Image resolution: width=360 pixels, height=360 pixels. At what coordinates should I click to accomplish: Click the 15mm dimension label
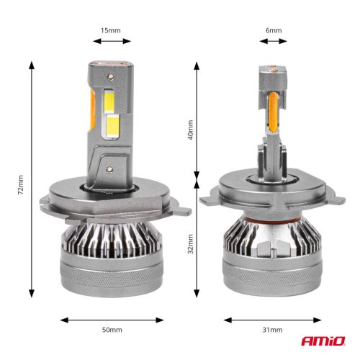[x=111, y=31]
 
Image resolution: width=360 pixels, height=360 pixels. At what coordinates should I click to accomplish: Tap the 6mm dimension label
[x=274, y=31]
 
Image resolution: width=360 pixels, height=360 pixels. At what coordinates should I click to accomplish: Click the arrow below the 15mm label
[x=111, y=42]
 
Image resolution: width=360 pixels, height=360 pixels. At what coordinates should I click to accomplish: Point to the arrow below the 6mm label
[x=273, y=42]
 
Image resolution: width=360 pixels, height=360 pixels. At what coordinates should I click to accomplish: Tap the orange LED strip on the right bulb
[x=273, y=115]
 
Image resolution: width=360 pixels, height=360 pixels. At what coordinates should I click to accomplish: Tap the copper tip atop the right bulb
[x=273, y=70]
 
